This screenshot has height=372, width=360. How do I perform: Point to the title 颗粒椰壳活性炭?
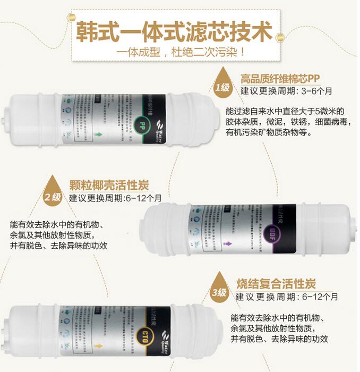point(109,185)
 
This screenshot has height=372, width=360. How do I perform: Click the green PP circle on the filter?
point(142,125)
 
